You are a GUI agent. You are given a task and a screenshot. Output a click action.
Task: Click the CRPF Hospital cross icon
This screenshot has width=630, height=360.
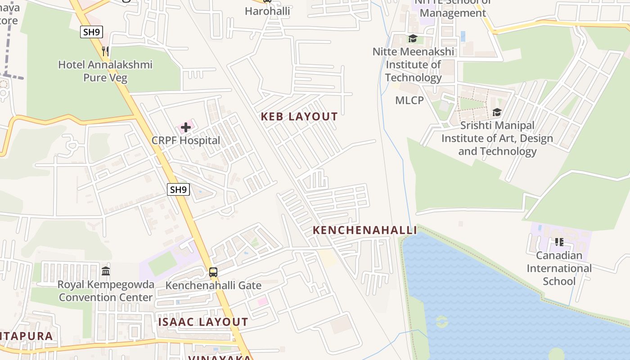[x=186, y=128]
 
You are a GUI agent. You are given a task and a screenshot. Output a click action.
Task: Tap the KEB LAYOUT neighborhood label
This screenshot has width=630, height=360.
[x=299, y=117]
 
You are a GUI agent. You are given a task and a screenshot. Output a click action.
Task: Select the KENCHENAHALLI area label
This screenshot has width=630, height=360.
[x=365, y=230]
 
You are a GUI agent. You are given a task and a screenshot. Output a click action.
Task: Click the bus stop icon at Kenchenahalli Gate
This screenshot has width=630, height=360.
[x=213, y=272]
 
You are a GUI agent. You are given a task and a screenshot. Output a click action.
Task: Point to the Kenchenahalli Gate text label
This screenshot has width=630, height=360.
[x=213, y=285]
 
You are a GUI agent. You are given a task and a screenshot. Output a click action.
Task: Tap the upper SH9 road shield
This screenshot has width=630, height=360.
[x=92, y=32]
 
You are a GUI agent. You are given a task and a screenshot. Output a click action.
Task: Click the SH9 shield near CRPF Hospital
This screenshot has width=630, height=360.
[x=178, y=189]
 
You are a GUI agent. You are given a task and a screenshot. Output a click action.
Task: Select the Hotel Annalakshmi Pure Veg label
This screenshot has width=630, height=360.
[x=105, y=71]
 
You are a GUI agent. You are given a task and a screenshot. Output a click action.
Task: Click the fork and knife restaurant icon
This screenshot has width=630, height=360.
[x=105, y=51]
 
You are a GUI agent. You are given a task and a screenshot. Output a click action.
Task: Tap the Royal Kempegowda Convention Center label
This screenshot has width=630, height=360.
[x=106, y=291]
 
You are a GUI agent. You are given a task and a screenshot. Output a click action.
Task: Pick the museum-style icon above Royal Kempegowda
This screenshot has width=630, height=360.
[x=106, y=271]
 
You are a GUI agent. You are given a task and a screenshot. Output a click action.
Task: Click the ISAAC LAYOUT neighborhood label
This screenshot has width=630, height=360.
[x=203, y=322]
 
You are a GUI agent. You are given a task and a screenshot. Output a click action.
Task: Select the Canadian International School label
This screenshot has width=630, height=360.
[x=559, y=268]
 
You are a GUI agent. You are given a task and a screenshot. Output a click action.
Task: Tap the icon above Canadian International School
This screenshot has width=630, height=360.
[x=559, y=242]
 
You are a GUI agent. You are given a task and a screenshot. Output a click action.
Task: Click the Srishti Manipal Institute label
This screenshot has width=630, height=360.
[x=497, y=138]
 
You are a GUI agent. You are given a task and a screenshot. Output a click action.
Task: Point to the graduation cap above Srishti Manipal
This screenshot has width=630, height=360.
[x=497, y=112]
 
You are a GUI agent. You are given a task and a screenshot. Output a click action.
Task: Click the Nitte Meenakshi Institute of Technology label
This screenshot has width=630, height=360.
[x=413, y=65]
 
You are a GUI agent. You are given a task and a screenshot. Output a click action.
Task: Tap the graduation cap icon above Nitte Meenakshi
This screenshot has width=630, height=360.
[x=413, y=39]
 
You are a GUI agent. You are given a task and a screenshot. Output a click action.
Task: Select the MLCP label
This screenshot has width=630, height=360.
[x=409, y=100]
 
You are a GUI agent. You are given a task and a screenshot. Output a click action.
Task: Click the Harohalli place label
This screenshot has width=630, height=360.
[x=267, y=11]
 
